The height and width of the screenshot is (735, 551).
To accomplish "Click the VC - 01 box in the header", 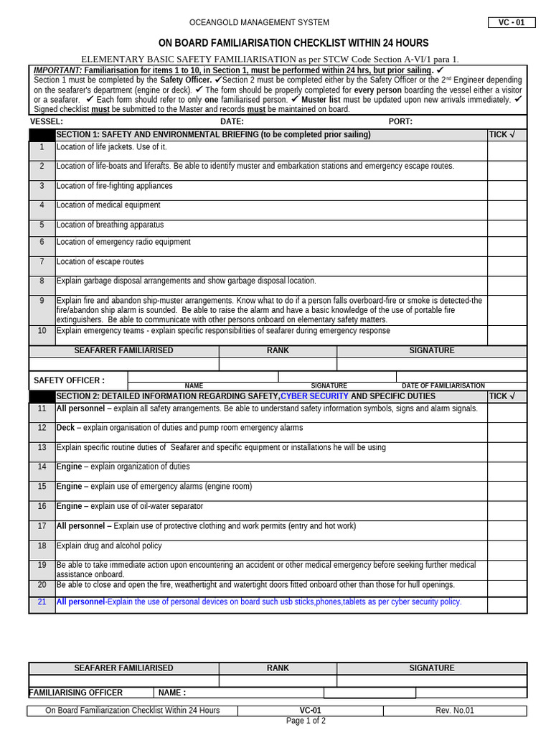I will (512, 22).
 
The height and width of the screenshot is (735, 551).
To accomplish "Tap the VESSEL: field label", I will (47, 121).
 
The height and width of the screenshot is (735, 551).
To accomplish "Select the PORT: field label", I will (400, 121).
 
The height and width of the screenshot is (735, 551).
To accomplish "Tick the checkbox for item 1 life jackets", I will (507, 150).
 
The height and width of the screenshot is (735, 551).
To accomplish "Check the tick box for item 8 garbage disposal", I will (507, 285).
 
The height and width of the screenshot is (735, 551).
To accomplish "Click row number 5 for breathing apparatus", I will (42, 225).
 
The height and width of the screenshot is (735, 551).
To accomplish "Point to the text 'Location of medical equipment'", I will (108, 205).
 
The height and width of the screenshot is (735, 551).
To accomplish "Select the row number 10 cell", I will (42, 331).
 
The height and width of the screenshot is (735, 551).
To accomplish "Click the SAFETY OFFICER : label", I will (69, 380).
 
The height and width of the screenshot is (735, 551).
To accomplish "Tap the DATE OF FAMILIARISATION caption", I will (443, 385).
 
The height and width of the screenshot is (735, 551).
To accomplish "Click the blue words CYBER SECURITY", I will (314, 396).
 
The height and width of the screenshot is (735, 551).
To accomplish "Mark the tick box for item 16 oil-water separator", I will (507, 510).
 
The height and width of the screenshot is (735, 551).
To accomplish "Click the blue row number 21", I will (42, 601).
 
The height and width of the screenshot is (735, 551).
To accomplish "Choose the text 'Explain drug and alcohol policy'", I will (109, 546).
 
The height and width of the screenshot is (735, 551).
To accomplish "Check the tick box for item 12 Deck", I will (507, 431).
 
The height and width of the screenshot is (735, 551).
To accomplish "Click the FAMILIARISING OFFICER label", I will (76, 693).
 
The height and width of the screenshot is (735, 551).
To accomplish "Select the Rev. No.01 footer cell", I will (454, 711).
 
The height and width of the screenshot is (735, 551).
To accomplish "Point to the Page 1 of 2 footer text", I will (306, 721).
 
